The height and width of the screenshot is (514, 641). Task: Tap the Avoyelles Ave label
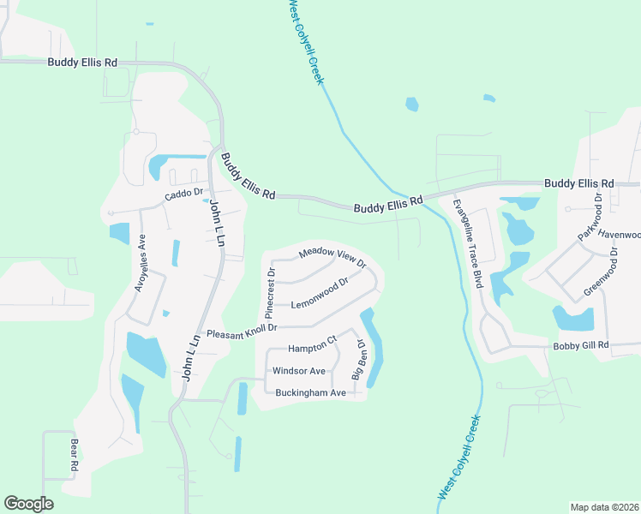point(141,265)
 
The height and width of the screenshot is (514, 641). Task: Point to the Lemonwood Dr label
point(320,293)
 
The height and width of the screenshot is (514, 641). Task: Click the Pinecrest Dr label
point(270,289)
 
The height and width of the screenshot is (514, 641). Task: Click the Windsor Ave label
point(298,371)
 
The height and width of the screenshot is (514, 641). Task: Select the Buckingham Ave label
point(310,392)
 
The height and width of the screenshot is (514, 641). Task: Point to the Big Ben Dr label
point(359,360)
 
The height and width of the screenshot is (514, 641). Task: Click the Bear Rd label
point(75,458)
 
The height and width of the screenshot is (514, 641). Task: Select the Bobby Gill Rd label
point(580,345)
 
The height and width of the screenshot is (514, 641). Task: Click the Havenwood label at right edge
point(619,234)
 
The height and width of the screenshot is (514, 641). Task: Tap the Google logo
point(28,504)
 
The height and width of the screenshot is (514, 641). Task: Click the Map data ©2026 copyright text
point(604,507)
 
